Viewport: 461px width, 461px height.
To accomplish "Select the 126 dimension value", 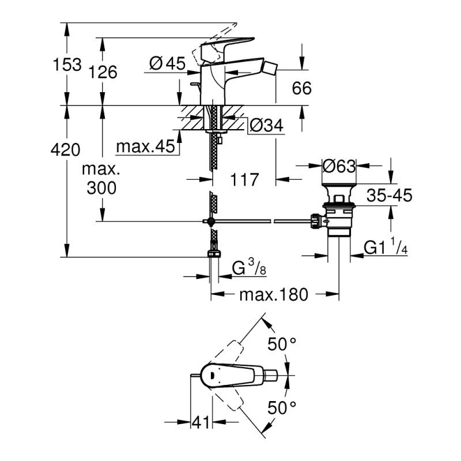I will click(x=104, y=72).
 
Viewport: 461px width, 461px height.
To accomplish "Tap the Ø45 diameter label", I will click(x=167, y=64).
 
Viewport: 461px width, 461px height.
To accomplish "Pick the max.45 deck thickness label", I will click(x=145, y=147).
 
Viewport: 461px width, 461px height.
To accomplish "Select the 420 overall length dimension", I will click(x=65, y=151).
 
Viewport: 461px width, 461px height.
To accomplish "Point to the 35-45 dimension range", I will click(x=390, y=196).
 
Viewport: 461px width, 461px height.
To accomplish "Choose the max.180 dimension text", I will click(x=274, y=295).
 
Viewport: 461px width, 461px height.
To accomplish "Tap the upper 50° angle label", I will click(x=282, y=345).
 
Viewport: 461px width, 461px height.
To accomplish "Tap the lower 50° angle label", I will click(x=282, y=408).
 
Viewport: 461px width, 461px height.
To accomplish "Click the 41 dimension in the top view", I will click(x=201, y=423).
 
